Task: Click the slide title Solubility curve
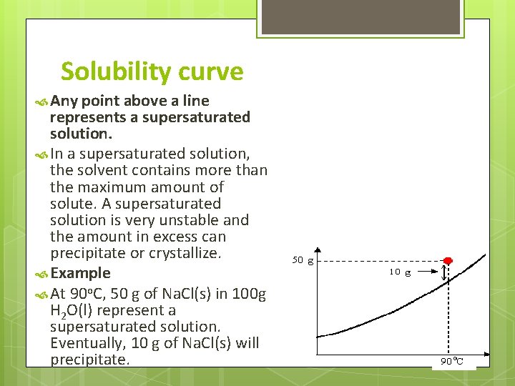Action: pos(152,71)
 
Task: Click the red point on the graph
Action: pos(448,260)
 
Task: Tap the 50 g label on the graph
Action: pos(303,260)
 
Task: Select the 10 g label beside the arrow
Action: pos(400,272)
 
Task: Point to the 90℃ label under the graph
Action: pos(453,362)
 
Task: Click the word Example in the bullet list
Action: pos(80,273)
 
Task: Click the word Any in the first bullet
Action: pos(64,101)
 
